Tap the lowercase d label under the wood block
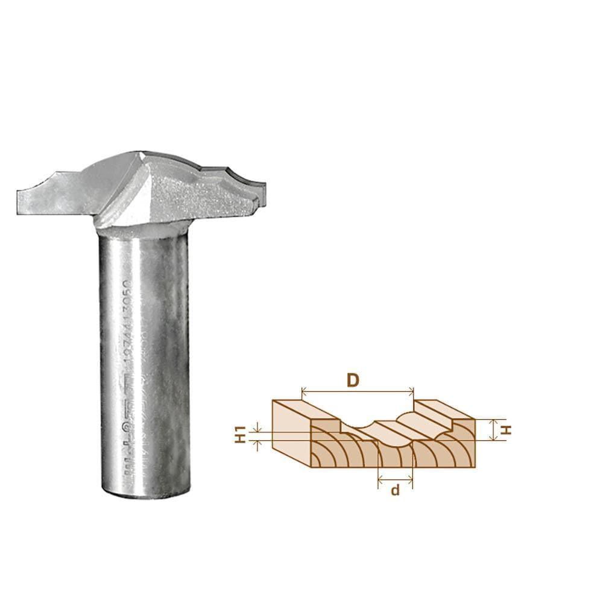pyautogui.click(x=395, y=490)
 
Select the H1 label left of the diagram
pyautogui.click(x=239, y=435)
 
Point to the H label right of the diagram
pyautogui.click(x=507, y=430)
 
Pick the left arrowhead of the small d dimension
pyautogui.click(x=380, y=479)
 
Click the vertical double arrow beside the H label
pyautogui.click(x=494, y=430)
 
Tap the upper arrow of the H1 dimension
pyautogui.click(x=258, y=428)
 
